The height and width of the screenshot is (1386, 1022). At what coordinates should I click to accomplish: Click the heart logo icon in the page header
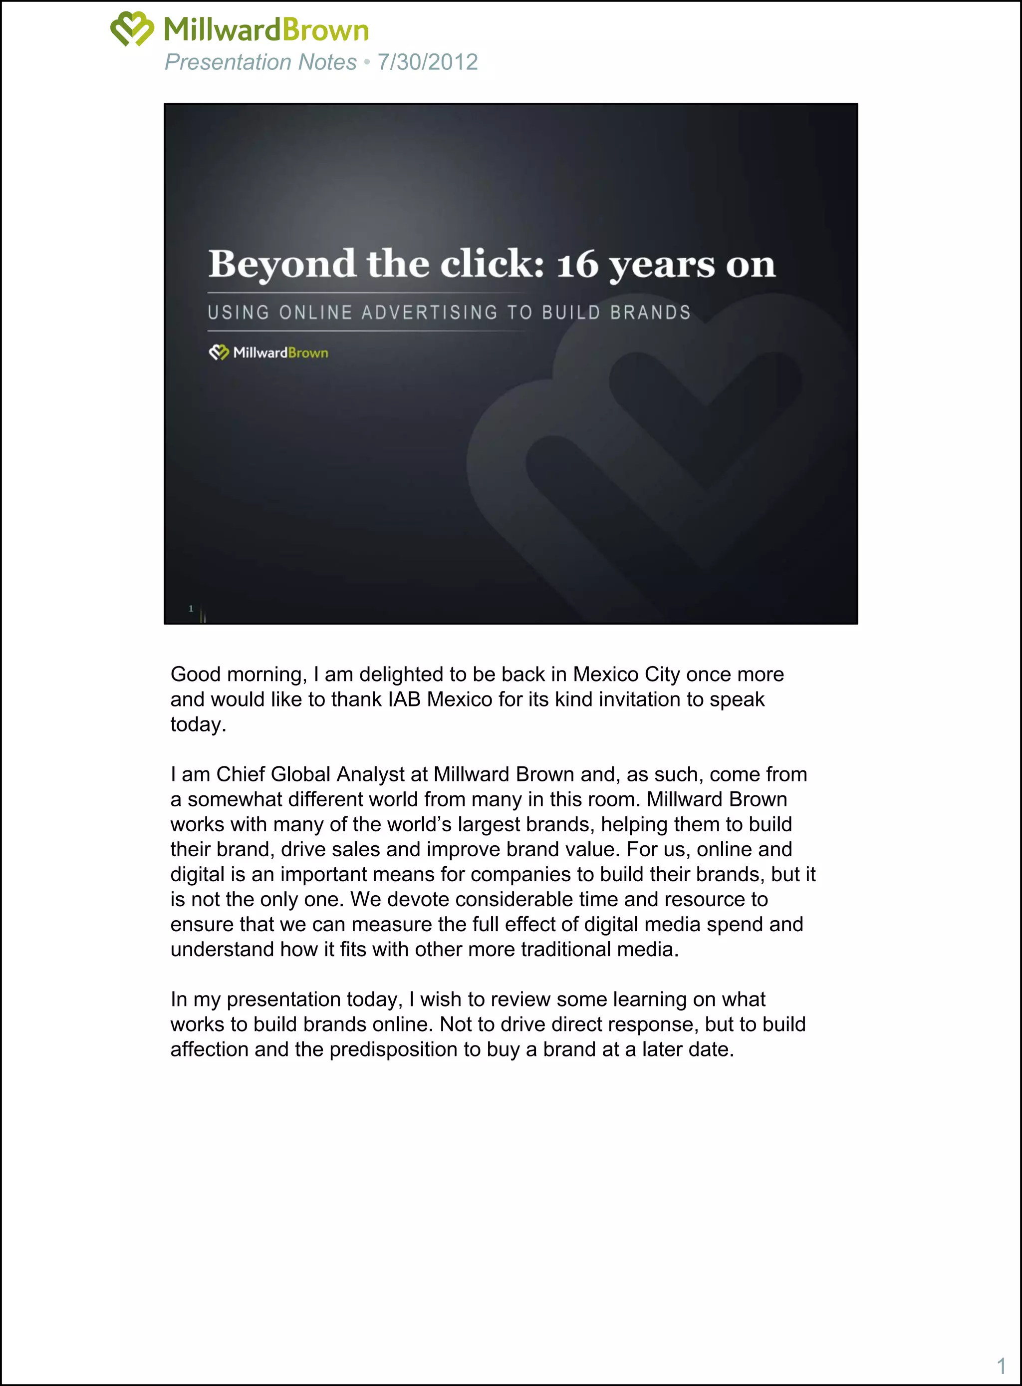[x=132, y=28]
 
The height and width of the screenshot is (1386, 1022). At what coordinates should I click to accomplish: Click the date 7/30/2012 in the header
[x=428, y=62]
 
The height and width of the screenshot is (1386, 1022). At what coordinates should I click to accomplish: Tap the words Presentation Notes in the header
[x=260, y=62]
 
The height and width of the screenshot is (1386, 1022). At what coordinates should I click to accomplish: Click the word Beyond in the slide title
[x=281, y=264]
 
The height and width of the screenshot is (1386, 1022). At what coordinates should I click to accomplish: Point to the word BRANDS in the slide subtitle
[x=650, y=313]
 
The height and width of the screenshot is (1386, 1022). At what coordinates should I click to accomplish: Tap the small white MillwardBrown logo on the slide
[x=268, y=353]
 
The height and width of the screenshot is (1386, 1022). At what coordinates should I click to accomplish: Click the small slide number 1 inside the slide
[x=191, y=609]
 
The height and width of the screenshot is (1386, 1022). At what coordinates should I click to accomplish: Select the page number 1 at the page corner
[x=1001, y=1366]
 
